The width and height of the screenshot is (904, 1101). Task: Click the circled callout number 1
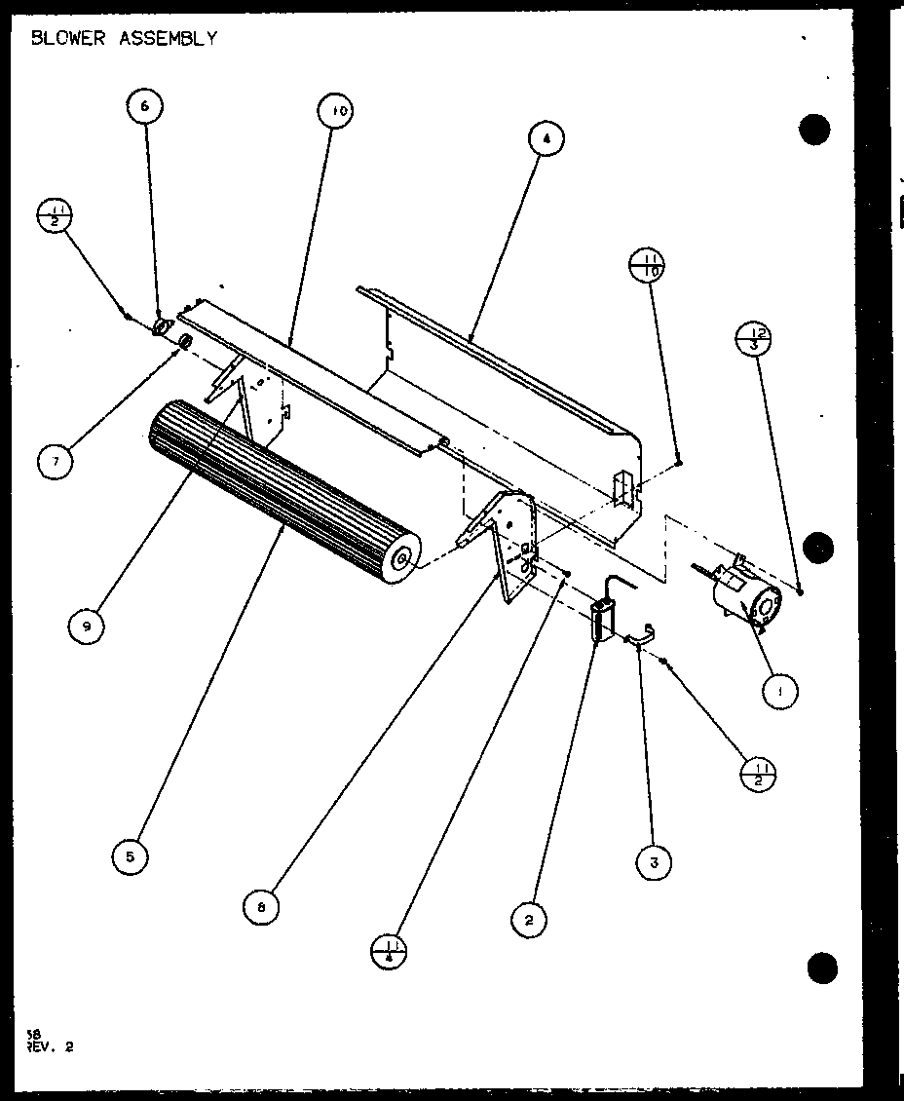(x=780, y=692)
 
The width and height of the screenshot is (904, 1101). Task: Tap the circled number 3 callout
(x=654, y=861)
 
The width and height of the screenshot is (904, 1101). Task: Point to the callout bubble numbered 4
(x=546, y=139)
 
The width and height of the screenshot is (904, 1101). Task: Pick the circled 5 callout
(x=130, y=856)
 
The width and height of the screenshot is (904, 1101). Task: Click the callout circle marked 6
(x=144, y=106)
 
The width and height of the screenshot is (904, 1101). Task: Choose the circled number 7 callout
(x=56, y=461)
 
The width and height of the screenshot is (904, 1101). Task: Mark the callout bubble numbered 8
(x=262, y=908)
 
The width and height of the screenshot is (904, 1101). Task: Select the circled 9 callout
(x=87, y=627)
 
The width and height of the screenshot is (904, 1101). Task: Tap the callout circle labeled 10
(x=335, y=112)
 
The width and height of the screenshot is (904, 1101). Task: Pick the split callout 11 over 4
(x=390, y=949)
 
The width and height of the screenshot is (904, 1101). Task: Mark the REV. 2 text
(x=52, y=1047)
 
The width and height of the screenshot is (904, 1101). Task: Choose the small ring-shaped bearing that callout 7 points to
(x=183, y=341)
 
